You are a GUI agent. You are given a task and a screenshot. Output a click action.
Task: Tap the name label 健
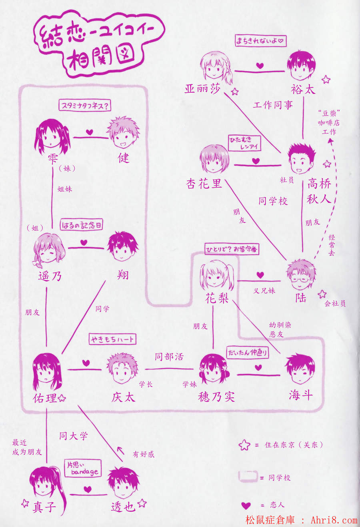124,158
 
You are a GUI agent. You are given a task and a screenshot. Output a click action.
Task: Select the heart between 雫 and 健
89,132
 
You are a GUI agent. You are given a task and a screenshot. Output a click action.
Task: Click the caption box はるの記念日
81,225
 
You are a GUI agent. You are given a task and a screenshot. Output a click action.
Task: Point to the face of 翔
122,248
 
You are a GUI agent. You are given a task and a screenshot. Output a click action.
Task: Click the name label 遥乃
50,276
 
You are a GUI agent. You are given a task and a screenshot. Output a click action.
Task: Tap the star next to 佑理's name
62,398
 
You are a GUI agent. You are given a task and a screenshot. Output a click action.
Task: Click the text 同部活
169,357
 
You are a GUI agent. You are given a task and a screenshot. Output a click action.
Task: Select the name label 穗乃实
216,397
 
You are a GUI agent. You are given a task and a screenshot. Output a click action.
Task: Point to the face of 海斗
300,369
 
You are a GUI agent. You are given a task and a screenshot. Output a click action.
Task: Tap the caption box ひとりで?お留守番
232,250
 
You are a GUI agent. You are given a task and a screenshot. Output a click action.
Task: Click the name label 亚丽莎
202,89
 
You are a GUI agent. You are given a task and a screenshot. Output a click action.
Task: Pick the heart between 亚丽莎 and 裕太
260,66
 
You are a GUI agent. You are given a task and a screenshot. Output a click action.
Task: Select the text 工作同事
273,105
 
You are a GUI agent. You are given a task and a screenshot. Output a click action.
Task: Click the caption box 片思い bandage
83,469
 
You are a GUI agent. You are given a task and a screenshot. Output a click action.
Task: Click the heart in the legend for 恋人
246,505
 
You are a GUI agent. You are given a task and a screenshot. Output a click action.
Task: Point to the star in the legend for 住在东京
244,445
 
